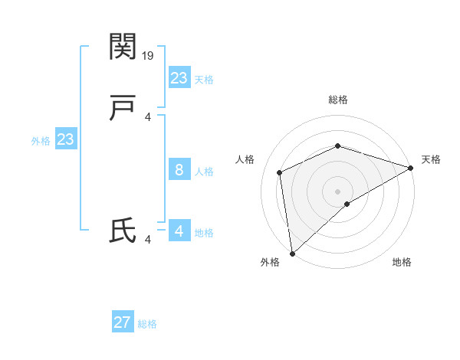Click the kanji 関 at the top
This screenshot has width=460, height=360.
point(123,47)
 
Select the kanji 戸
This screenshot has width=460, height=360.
point(123,110)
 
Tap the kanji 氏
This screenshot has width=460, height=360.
point(123,231)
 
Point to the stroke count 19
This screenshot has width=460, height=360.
point(149,55)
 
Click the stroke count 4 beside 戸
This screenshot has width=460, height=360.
point(147,117)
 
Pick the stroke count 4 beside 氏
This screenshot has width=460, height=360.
point(147,240)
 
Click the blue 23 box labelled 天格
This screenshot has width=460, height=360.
point(179,78)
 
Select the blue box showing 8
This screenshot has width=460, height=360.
point(179,170)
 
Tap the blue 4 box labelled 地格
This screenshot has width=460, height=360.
point(179,231)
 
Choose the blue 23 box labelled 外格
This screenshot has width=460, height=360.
point(66,139)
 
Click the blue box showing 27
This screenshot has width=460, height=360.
point(123,322)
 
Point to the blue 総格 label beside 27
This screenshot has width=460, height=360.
point(148,324)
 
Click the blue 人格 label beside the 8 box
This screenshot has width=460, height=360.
point(205,172)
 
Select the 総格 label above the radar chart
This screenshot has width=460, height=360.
point(337,100)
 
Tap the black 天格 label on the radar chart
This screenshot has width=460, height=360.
point(431,159)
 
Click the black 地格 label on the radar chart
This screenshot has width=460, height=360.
point(402,263)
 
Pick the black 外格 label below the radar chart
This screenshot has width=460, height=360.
point(270,263)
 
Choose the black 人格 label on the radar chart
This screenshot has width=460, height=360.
point(245,159)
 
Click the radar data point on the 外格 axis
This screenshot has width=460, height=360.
point(292,253)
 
